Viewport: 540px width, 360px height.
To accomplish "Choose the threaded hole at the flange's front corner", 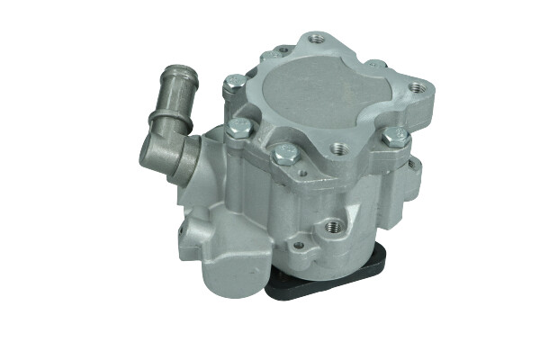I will (x=338, y=149).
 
